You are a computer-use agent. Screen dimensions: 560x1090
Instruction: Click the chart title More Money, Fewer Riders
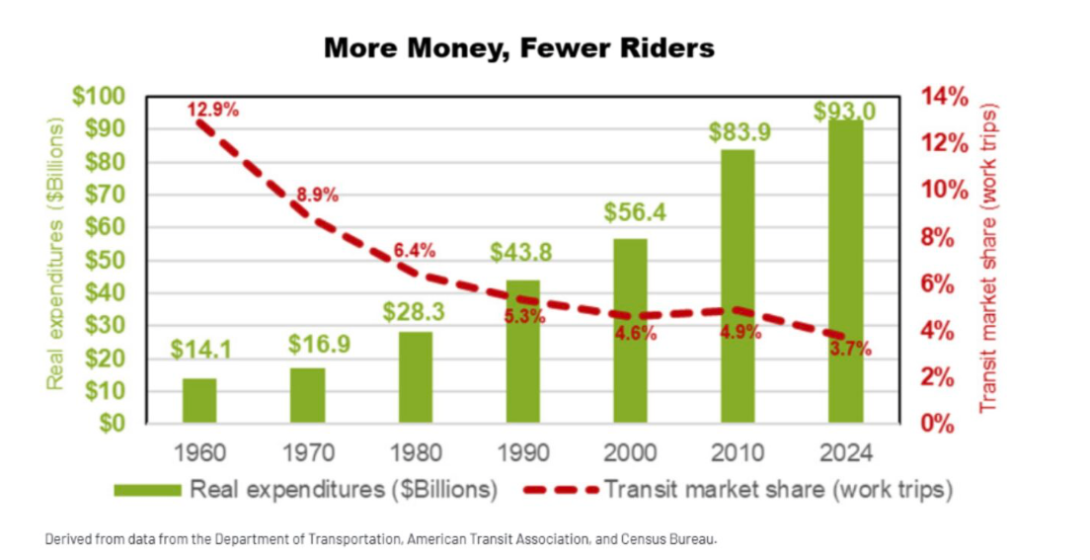pos(518,47)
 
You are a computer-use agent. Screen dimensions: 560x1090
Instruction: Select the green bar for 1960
pos(199,400)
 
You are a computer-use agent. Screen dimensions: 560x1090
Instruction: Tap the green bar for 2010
pos(738,286)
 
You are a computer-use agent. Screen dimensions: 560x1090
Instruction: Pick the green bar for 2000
pos(630,331)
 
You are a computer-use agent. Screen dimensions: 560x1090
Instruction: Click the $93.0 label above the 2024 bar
pos(844,111)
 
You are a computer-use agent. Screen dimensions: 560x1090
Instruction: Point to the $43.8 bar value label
pos(521,252)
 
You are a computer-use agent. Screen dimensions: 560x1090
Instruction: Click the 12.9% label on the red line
pos(213,109)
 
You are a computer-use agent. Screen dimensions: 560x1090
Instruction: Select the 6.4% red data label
pos(415,250)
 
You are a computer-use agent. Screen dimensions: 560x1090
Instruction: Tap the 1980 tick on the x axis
pos(415,453)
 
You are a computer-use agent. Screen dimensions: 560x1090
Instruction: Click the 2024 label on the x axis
pos(845,453)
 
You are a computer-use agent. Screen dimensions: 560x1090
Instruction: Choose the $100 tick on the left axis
pos(97,97)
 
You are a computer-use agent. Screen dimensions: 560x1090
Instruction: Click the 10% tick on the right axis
pos(944,190)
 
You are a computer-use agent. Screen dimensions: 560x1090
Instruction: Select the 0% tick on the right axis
pos(938,424)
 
